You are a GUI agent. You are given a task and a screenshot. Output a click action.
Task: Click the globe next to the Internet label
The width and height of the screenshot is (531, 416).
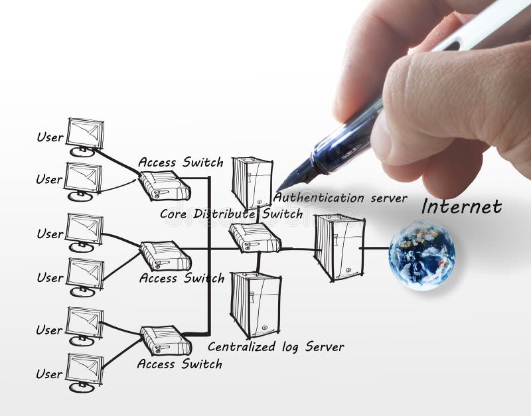coord(422,255)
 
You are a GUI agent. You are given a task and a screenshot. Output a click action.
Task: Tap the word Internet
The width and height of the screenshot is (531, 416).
coord(461,206)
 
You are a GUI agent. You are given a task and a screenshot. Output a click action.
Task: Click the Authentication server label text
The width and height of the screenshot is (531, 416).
coord(340,198)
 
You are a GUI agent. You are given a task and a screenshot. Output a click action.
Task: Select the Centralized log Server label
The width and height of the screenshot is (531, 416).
coord(275,346)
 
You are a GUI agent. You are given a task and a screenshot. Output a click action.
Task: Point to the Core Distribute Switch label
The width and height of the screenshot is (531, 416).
coord(231,214)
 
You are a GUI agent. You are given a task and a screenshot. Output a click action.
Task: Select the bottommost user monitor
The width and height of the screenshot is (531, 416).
coord(84,370)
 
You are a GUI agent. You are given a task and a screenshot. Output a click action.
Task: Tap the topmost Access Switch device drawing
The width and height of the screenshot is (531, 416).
coord(164,186)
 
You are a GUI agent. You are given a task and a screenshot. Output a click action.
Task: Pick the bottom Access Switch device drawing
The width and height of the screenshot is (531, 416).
coord(165,340)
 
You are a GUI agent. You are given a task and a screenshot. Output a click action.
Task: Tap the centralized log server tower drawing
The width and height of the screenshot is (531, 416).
coord(256,305)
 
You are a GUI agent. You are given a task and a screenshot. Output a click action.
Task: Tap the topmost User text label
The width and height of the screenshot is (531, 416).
coord(50,137)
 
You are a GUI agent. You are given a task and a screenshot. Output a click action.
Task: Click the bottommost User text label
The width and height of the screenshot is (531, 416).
coord(49,374)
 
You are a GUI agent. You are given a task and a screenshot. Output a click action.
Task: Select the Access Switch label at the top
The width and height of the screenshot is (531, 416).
coord(181,163)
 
